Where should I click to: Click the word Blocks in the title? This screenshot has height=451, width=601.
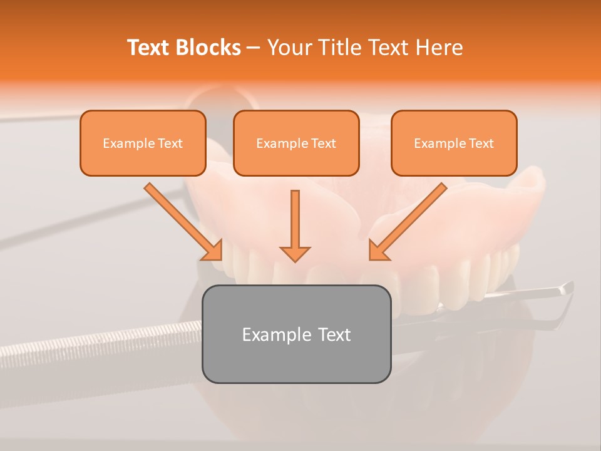[x=208, y=48]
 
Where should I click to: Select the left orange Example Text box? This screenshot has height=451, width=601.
[x=143, y=143]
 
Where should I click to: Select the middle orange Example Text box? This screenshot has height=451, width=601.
[x=296, y=143]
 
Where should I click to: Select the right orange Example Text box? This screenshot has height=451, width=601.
[x=454, y=143]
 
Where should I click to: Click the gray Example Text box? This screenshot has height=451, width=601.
[x=296, y=334]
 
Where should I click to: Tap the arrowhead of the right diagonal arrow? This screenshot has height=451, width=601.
[x=378, y=251]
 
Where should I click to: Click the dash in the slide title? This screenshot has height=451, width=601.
[x=254, y=48]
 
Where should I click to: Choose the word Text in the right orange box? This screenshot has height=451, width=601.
[x=481, y=143]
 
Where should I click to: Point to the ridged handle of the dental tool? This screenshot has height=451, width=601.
[x=94, y=348]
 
